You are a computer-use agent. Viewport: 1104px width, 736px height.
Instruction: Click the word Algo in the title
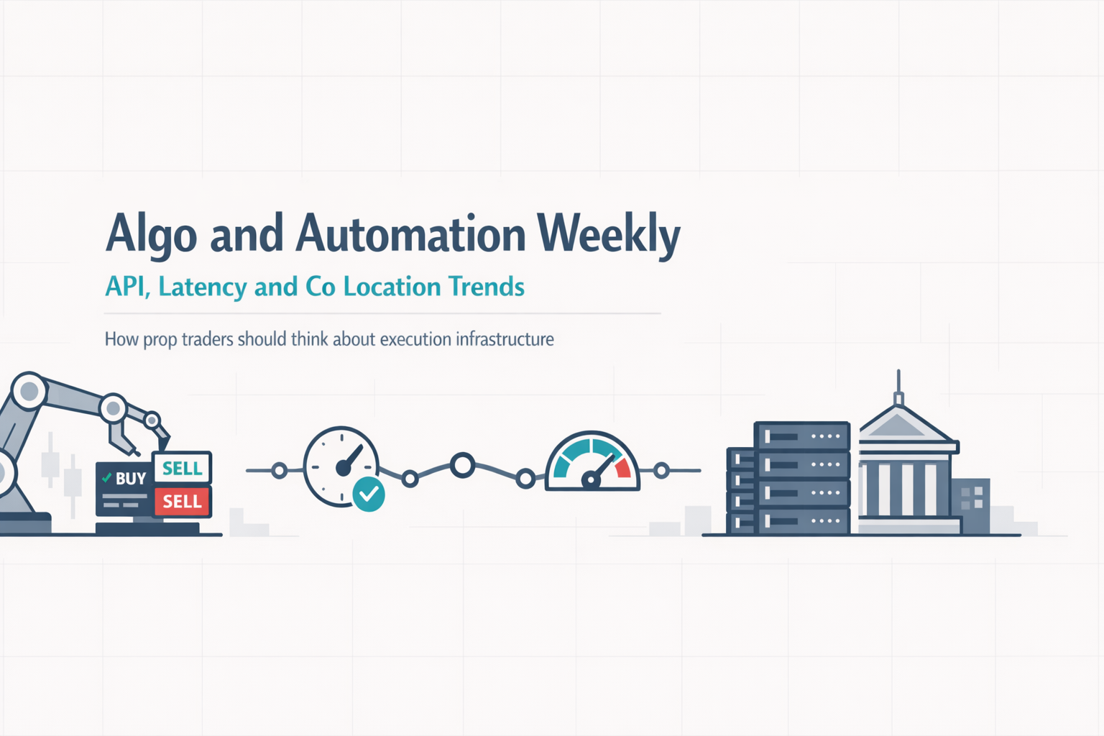pyautogui.click(x=151, y=234)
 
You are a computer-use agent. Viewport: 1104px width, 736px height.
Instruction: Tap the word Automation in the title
pyautogui.click(x=410, y=234)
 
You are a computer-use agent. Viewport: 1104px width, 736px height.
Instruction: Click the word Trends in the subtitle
pyautogui.click(x=487, y=287)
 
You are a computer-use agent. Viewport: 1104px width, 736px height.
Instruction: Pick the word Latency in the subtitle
pyautogui.click(x=202, y=287)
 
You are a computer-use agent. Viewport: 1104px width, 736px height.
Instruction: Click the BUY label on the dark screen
pyautogui.click(x=130, y=479)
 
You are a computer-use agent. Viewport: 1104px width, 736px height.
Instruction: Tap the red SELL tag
pyautogui.click(x=182, y=502)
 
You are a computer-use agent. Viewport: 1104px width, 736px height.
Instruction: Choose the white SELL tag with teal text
pyautogui.click(x=182, y=469)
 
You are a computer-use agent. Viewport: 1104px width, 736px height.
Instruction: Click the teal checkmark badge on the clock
pyautogui.click(x=369, y=494)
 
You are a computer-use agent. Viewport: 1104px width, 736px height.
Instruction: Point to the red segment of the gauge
pyautogui.click(x=622, y=469)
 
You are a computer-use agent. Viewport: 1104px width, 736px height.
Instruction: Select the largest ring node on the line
pyautogui.click(x=463, y=466)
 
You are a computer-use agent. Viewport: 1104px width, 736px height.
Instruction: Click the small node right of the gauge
pyautogui.click(x=661, y=471)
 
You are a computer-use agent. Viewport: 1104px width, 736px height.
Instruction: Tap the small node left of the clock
pyautogui.click(x=280, y=471)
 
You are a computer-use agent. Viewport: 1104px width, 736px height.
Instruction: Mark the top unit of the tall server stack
pyautogui.click(x=801, y=436)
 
